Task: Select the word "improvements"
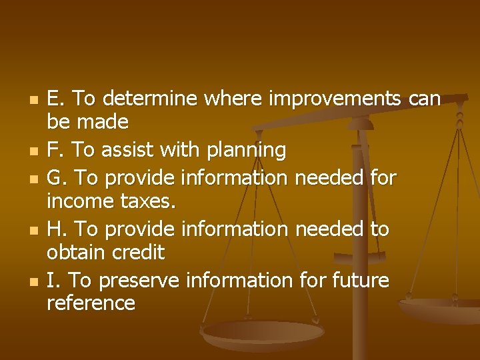point(334,99)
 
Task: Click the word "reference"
point(91,303)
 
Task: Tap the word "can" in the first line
point(425,99)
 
